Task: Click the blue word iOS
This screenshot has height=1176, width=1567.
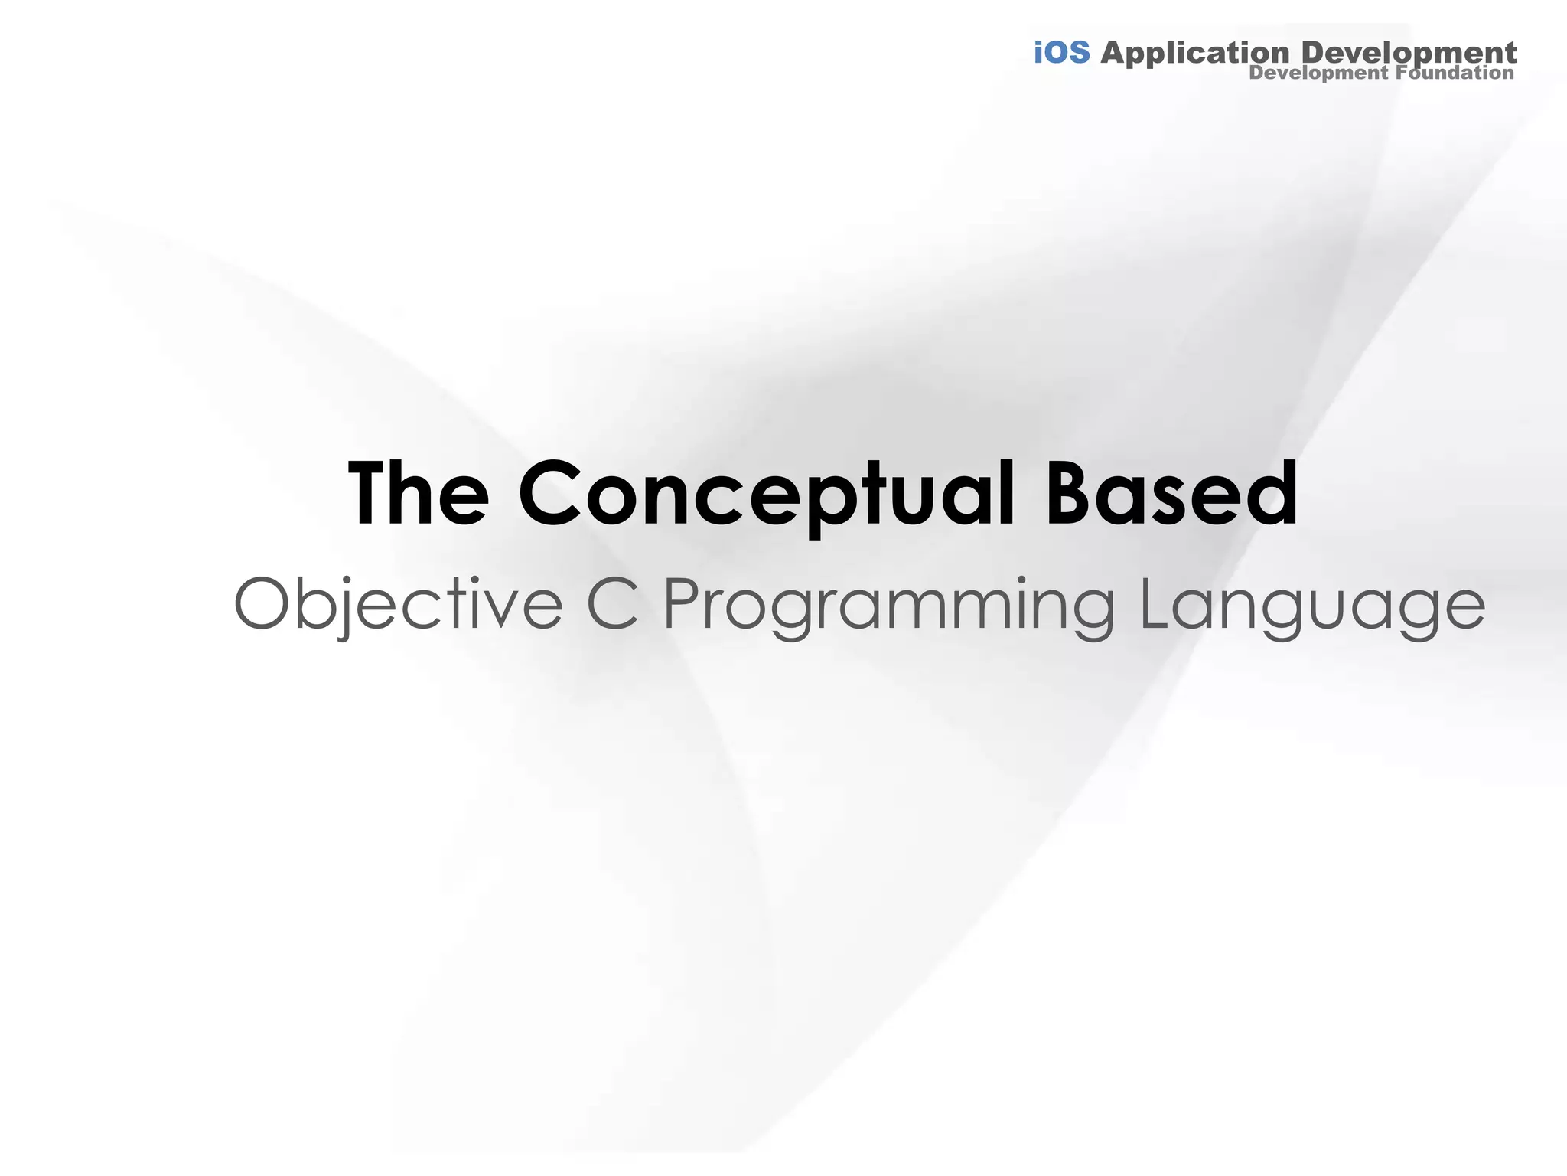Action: [1061, 53]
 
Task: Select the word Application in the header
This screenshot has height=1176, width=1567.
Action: [1194, 54]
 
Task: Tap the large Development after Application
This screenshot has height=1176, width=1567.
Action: [1408, 54]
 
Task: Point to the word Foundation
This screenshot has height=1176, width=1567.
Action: [1455, 73]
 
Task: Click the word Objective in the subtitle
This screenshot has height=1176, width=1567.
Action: [398, 605]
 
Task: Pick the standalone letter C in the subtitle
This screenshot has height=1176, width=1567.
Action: [613, 605]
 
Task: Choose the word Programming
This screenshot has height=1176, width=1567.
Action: [888, 605]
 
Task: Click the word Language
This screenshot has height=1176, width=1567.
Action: [1312, 605]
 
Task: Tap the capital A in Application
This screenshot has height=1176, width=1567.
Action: [1115, 53]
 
